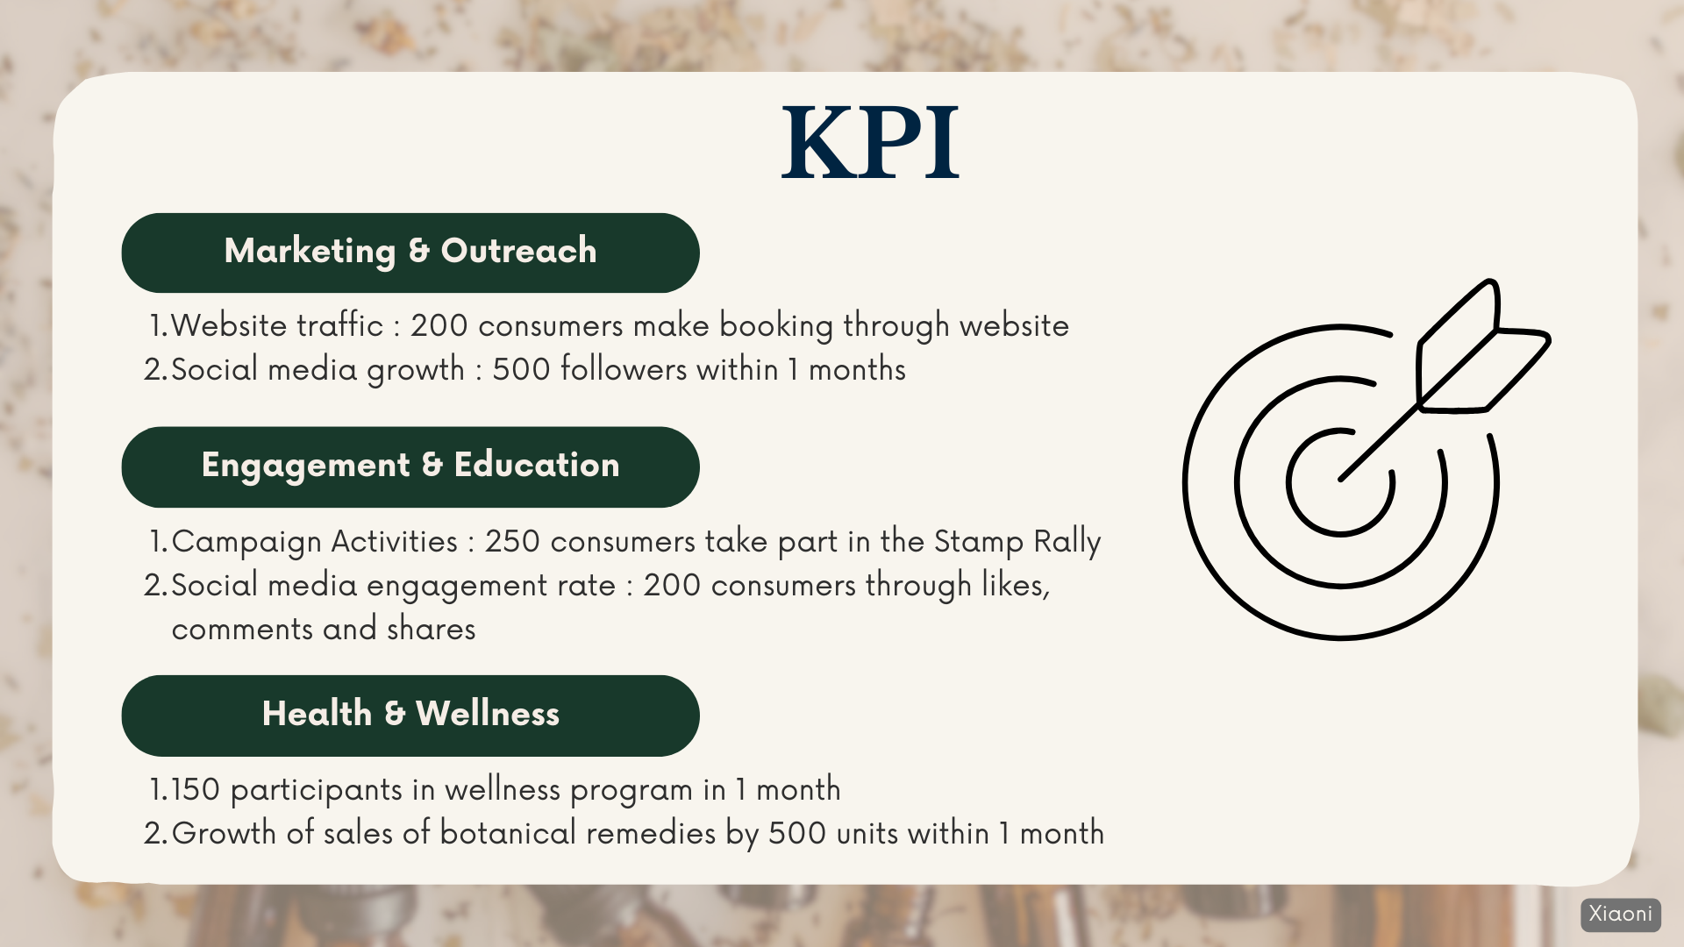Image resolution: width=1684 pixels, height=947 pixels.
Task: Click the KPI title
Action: tap(870, 143)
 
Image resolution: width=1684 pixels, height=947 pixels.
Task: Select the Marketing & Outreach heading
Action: tap(410, 252)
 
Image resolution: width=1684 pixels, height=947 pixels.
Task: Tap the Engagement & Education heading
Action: tap(410, 466)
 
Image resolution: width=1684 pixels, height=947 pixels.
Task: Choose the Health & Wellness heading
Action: tap(410, 714)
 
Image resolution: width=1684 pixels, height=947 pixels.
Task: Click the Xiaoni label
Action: tap(1621, 914)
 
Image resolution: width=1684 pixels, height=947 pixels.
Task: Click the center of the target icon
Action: tap(1340, 481)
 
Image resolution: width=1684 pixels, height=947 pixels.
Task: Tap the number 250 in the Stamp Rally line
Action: tap(512, 541)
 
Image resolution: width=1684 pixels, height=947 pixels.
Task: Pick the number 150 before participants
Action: tap(196, 789)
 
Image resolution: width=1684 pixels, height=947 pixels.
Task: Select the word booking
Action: tap(776, 326)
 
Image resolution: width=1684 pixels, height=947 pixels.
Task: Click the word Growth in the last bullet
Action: tap(224, 833)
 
